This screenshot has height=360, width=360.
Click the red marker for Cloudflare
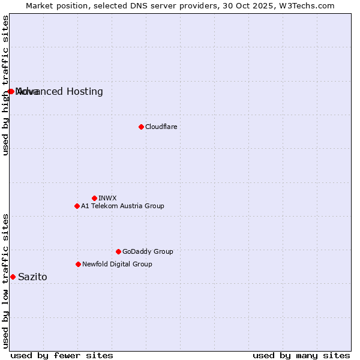coord(141,127)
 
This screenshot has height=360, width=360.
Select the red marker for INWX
coord(94,198)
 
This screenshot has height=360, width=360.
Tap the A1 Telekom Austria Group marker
coord(77,206)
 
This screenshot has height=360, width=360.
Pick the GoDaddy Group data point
coord(118,251)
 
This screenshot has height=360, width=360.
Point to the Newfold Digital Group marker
coord(78,264)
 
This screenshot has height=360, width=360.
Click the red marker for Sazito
coord(13,277)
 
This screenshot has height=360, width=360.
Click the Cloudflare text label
coord(161,127)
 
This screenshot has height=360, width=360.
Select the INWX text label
coord(107,198)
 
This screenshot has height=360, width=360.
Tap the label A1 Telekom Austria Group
coord(122,206)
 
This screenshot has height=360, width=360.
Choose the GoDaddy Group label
coord(148,251)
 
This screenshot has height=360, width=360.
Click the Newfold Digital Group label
coord(117,264)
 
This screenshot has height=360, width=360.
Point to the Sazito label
coord(32,277)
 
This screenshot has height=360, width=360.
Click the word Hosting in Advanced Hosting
coord(84,92)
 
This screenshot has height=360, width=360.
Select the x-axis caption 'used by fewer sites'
coord(62,355)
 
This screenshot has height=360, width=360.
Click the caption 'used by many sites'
coord(301,355)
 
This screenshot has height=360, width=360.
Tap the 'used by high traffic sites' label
coord(6,85)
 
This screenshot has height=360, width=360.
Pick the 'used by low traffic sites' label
coord(6,281)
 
